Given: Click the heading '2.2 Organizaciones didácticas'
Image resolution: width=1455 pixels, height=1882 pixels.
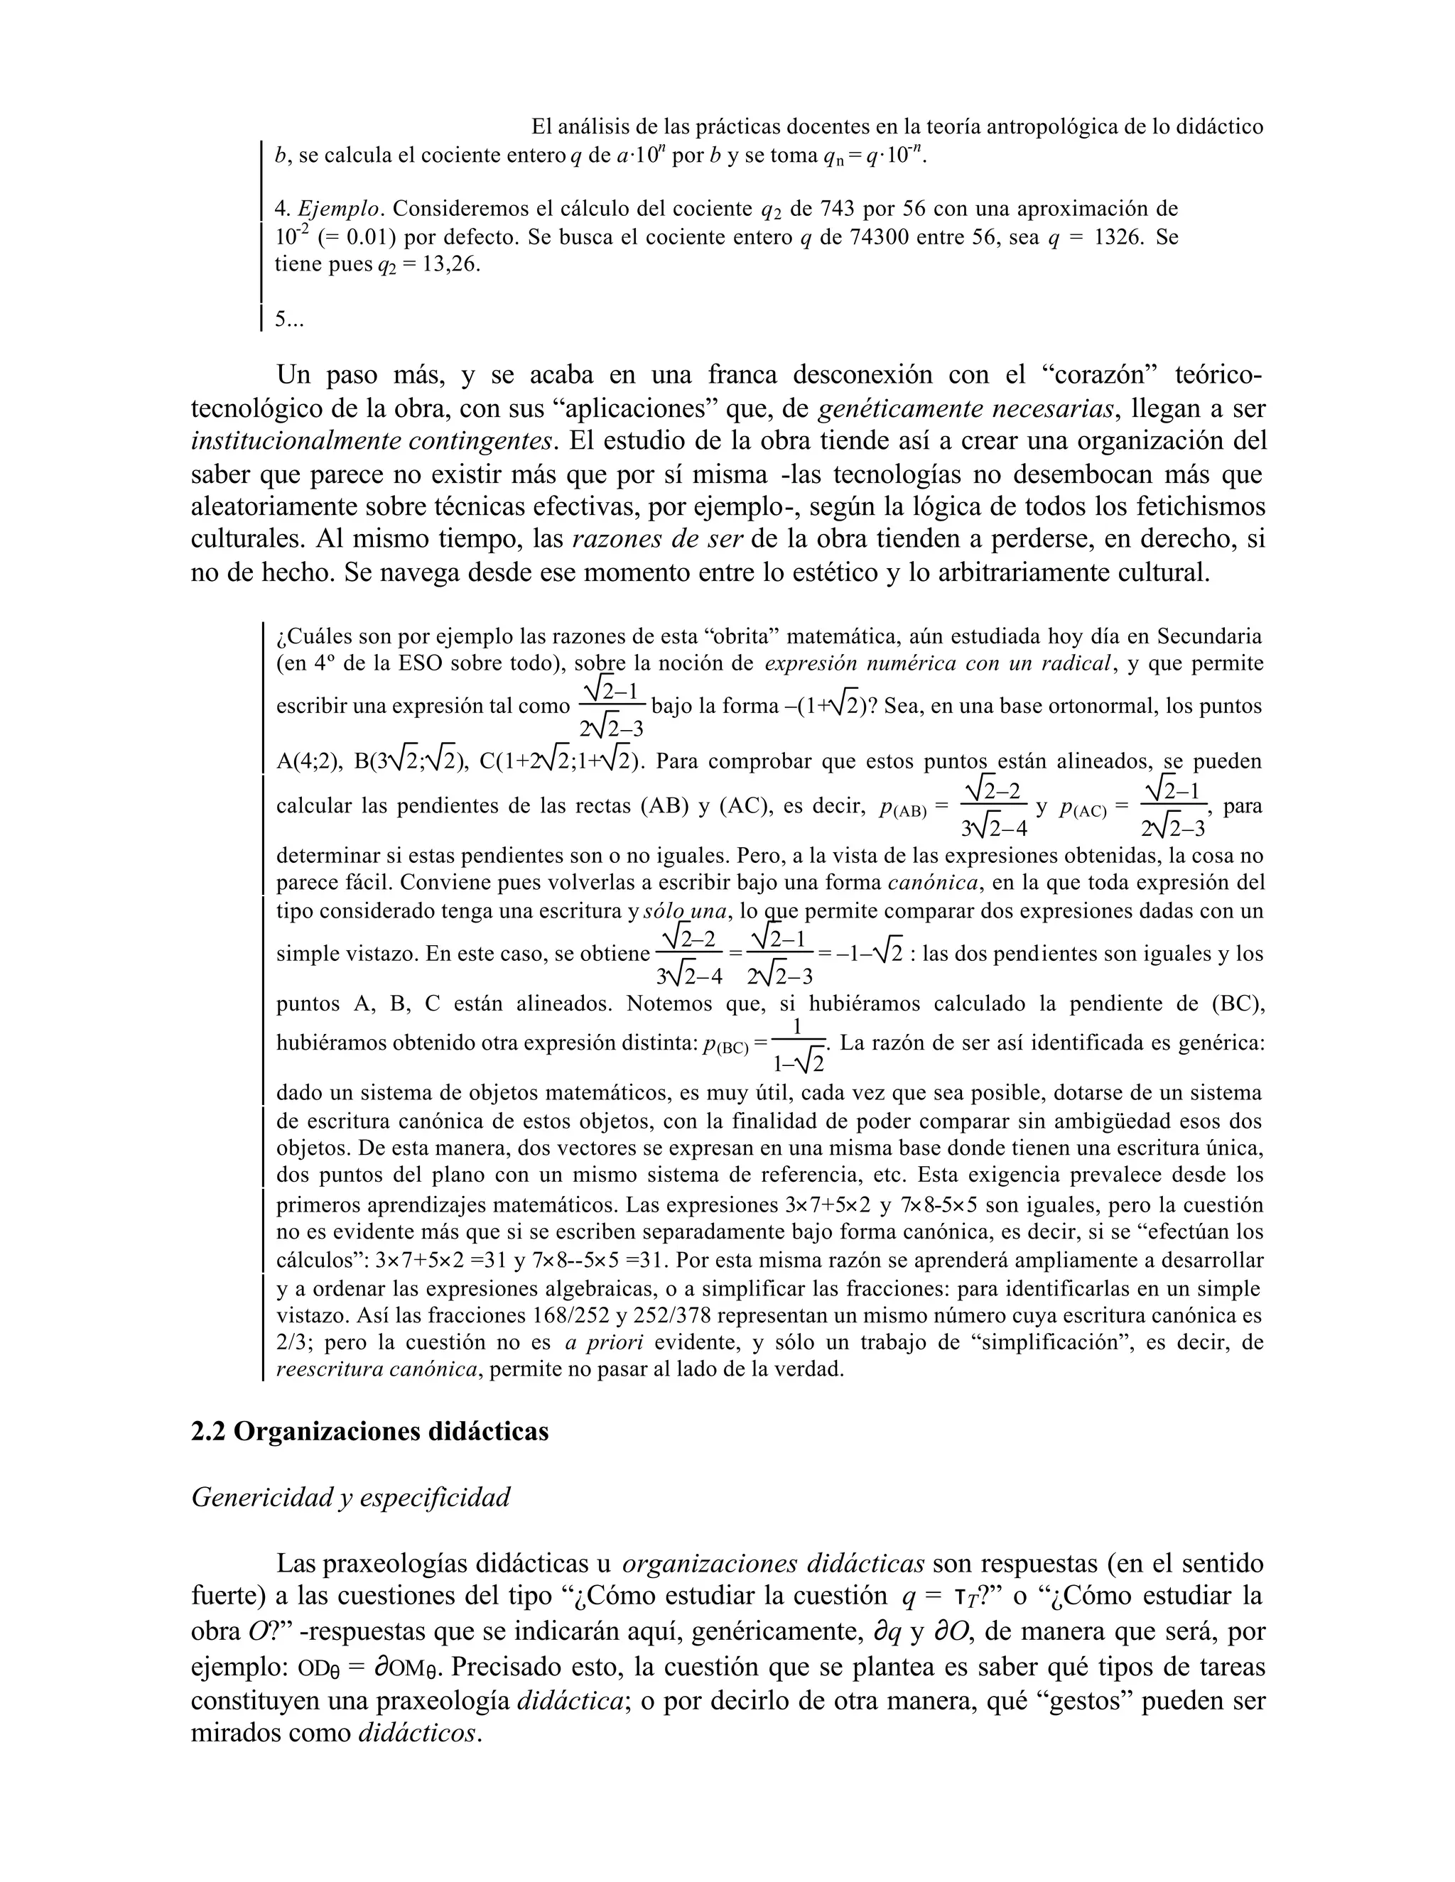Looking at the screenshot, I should coord(369,1431).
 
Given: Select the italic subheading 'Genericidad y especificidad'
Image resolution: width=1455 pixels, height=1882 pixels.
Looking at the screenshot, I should coord(350,1497).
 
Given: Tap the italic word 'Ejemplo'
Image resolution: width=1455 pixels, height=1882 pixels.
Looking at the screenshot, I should coord(339,210).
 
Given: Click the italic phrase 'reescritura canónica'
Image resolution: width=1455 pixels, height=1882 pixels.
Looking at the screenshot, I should coord(377,1369).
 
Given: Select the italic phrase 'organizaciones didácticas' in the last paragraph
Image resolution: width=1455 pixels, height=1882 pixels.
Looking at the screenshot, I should coord(773,1563).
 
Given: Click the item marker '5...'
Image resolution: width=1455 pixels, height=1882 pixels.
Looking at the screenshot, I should coord(290,320).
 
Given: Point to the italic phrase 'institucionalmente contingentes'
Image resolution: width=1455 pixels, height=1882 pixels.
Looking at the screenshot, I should coord(372,441).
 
